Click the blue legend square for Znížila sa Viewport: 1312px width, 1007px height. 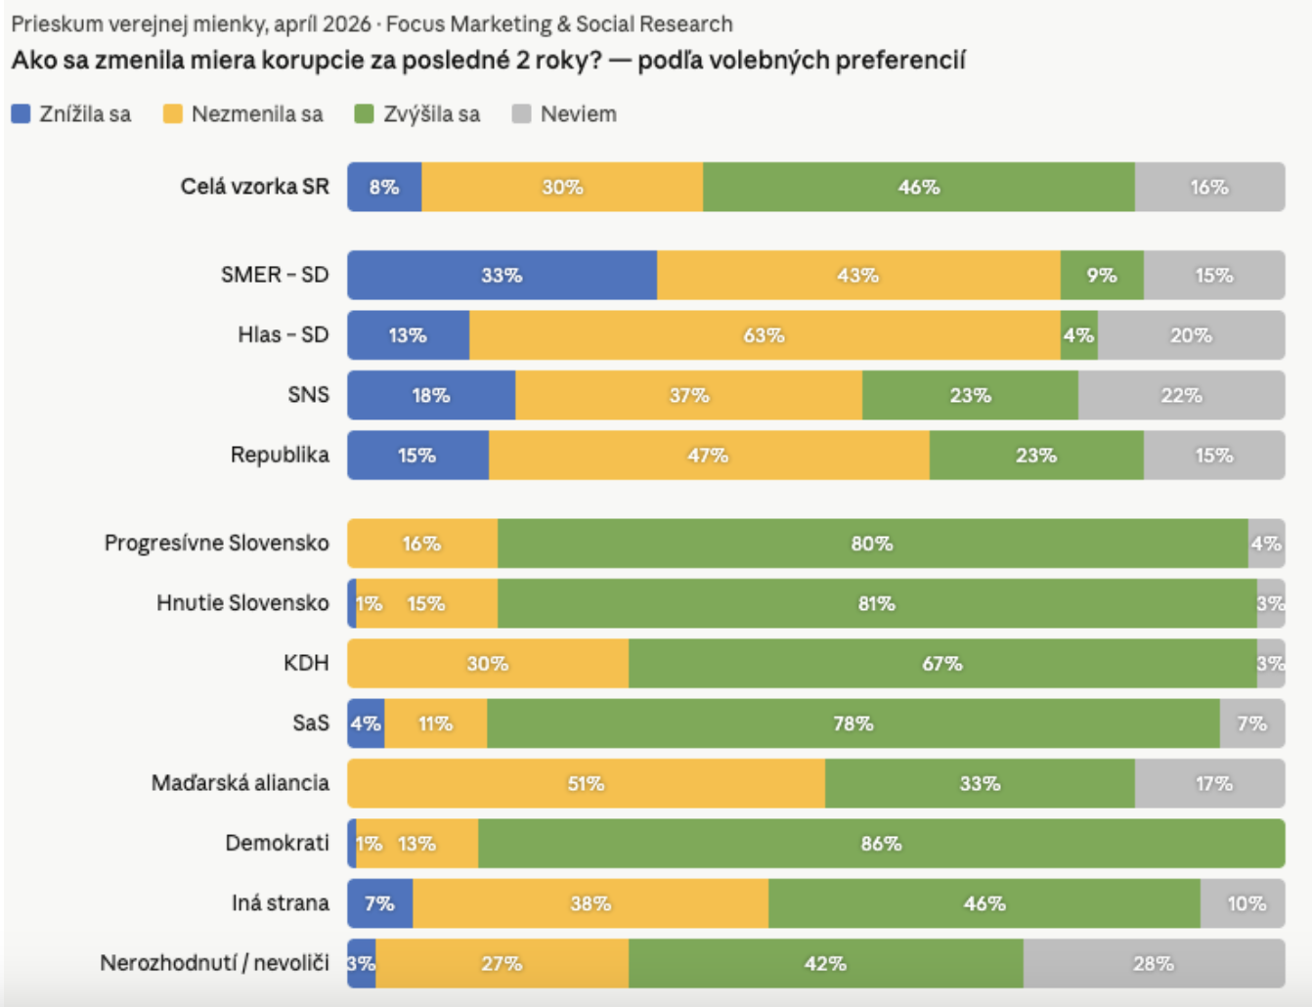(21, 113)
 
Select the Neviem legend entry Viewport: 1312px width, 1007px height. (564, 113)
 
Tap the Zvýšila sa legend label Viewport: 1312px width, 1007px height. (432, 113)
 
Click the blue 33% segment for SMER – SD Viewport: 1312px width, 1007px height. (502, 276)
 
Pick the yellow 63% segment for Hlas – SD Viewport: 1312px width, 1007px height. (765, 335)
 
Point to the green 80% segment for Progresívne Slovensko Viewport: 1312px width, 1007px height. (872, 544)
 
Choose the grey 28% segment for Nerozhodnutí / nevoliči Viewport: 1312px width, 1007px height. (1154, 964)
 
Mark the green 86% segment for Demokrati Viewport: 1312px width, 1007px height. (882, 844)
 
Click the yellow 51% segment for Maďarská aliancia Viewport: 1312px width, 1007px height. (587, 784)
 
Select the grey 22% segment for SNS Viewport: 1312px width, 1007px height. (1182, 395)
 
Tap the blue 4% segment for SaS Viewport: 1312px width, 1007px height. (366, 723)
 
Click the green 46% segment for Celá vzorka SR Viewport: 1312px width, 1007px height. (918, 187)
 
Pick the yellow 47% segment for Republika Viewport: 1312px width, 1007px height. (709, 456)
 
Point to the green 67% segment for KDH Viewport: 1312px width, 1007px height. (942, 664)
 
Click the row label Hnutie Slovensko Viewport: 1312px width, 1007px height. (242, 603)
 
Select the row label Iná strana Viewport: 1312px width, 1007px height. (281, 903)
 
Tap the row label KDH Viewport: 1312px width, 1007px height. (306, 664)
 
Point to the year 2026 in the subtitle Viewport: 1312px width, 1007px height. (346, 24)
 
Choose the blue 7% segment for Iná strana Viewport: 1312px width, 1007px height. (379, 903)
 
